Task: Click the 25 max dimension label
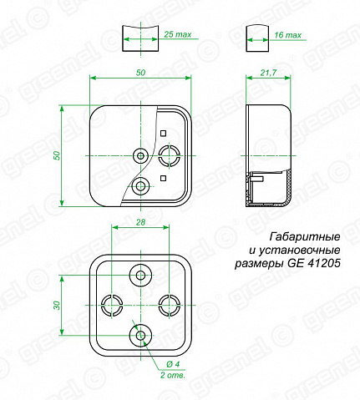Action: pos(178,34)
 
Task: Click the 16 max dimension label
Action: pos(287,35)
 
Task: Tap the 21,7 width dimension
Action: pos(268,73)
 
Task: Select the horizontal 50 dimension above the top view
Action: pos(141,73)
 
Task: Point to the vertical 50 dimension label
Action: pos(57,155)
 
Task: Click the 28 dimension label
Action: pos(140,222)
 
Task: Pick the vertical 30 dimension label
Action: pos(57,306)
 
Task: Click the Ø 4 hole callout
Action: pos(173,364)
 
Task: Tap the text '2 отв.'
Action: pos(172,375)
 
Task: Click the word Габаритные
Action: pos(305,237)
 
